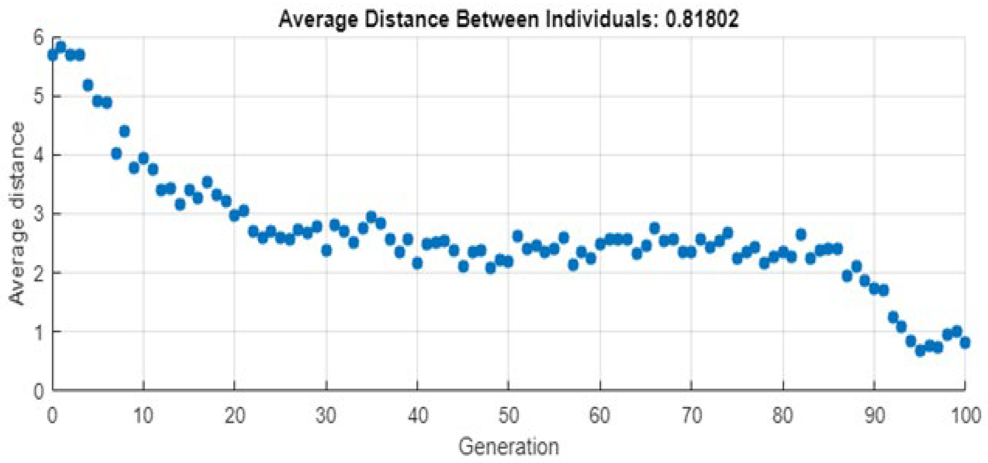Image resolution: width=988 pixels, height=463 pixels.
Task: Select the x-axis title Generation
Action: click(508, 446)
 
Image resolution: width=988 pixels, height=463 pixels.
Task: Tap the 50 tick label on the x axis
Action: click(508, 415)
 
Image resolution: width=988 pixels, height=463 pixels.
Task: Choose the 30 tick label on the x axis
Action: click(326, 415)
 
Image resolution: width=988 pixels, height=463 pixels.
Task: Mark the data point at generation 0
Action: click(53, 55)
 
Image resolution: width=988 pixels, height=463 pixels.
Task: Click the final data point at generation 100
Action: click(965, 342)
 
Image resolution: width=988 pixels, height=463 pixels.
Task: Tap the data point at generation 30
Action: click(327, 251)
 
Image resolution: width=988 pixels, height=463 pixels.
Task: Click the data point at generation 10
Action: click(143, 158)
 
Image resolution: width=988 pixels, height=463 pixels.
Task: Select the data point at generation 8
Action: click(125, 132)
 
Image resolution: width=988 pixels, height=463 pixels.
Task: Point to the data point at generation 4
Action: click(88, 85)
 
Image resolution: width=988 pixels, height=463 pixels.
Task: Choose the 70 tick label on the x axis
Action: click(691, 415)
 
